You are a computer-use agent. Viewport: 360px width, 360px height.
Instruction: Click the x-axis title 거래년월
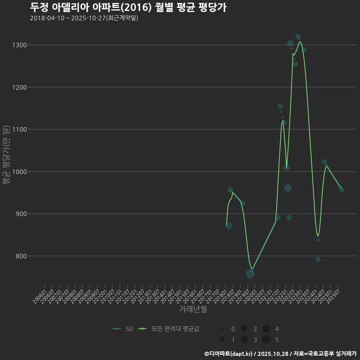(193, 309)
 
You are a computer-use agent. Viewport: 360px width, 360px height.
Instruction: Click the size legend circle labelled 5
(266, 340)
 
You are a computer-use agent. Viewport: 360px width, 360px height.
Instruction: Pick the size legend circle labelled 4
(266, 329)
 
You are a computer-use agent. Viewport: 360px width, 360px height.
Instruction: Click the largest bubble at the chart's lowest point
(250, 274)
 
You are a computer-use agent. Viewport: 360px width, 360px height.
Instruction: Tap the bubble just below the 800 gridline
(318, 259)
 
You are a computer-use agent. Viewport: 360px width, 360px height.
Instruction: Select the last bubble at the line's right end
(342, 189)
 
